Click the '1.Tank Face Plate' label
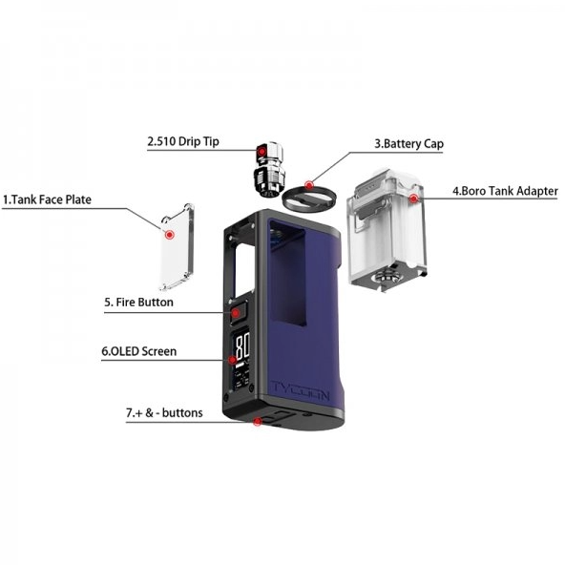click(47, 199)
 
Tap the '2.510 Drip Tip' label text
click(183, 141)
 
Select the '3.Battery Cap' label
click(409, 144)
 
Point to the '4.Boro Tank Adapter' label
click(505, 191)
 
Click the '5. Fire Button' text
click(138, 302)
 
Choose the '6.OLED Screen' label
click(139, 351)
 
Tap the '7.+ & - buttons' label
click(164, 412)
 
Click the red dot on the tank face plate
click(170, 235)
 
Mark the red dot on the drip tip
click(262, 152)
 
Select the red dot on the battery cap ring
click(309, 185)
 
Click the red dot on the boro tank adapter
click(414, 199)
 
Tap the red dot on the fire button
click(236, 313)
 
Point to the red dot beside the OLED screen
click(233, 360)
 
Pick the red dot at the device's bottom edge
click(258, 421)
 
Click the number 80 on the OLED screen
click(242, 345)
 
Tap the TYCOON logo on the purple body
click(301, 390)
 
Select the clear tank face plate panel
click(177, 247)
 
